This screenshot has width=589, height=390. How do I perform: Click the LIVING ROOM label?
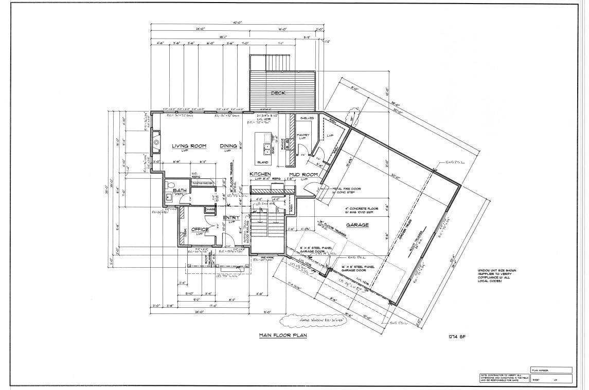click(189, 146)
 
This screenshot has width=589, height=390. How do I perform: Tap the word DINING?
click(228, 146)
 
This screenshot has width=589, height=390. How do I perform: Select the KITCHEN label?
click(260, 175)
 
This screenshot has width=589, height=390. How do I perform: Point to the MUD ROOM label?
click(301, 175)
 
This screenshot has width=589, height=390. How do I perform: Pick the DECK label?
click(278, 93)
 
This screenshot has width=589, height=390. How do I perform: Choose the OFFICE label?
click(200, 229)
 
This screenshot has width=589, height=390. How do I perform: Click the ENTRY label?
click(231, 218)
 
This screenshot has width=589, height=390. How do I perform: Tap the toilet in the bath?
click(172, 185)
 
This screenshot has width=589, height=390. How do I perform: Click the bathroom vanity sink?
click(169, 197)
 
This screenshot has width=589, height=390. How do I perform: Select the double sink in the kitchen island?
click(267, 149)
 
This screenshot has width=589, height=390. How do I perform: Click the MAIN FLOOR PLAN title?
click(282, 336)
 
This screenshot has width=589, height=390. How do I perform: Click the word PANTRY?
click(302, 135)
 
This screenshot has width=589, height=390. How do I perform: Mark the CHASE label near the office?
click(210, 209)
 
